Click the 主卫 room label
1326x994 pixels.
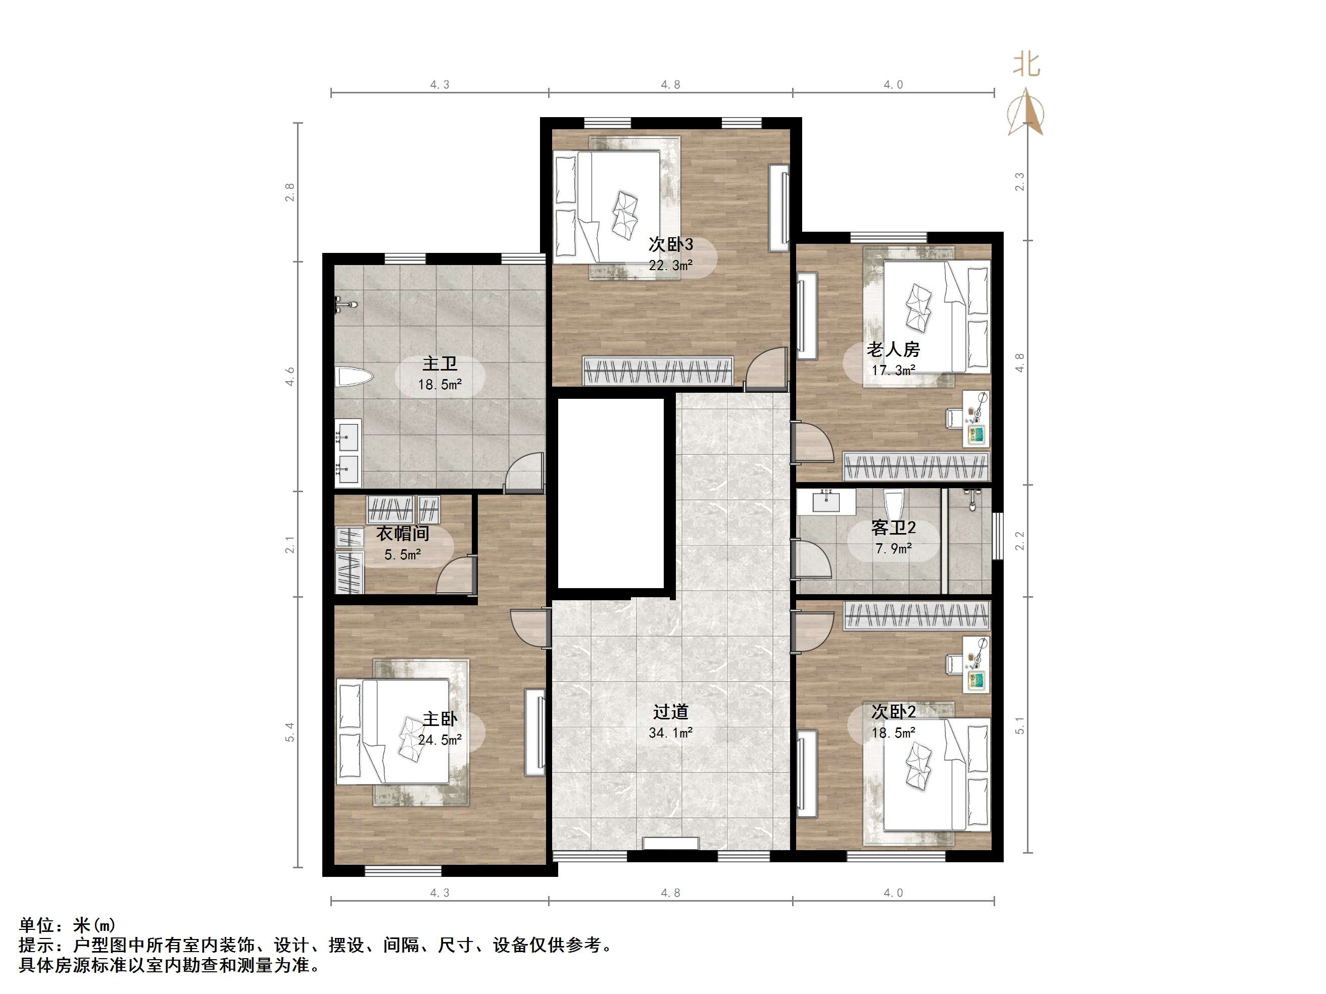coord(439,363)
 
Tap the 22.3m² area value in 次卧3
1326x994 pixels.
coord(671,265)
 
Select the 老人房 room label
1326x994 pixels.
coord(893,349)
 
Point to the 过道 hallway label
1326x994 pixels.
coord(671,712)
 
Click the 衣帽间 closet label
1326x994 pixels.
coord(402,533)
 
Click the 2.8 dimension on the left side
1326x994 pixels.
coord(290,192)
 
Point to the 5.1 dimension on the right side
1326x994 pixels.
coord(1020,725)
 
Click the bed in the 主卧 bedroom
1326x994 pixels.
coord(393,731)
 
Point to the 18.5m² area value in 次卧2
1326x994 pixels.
coord(893,732)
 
